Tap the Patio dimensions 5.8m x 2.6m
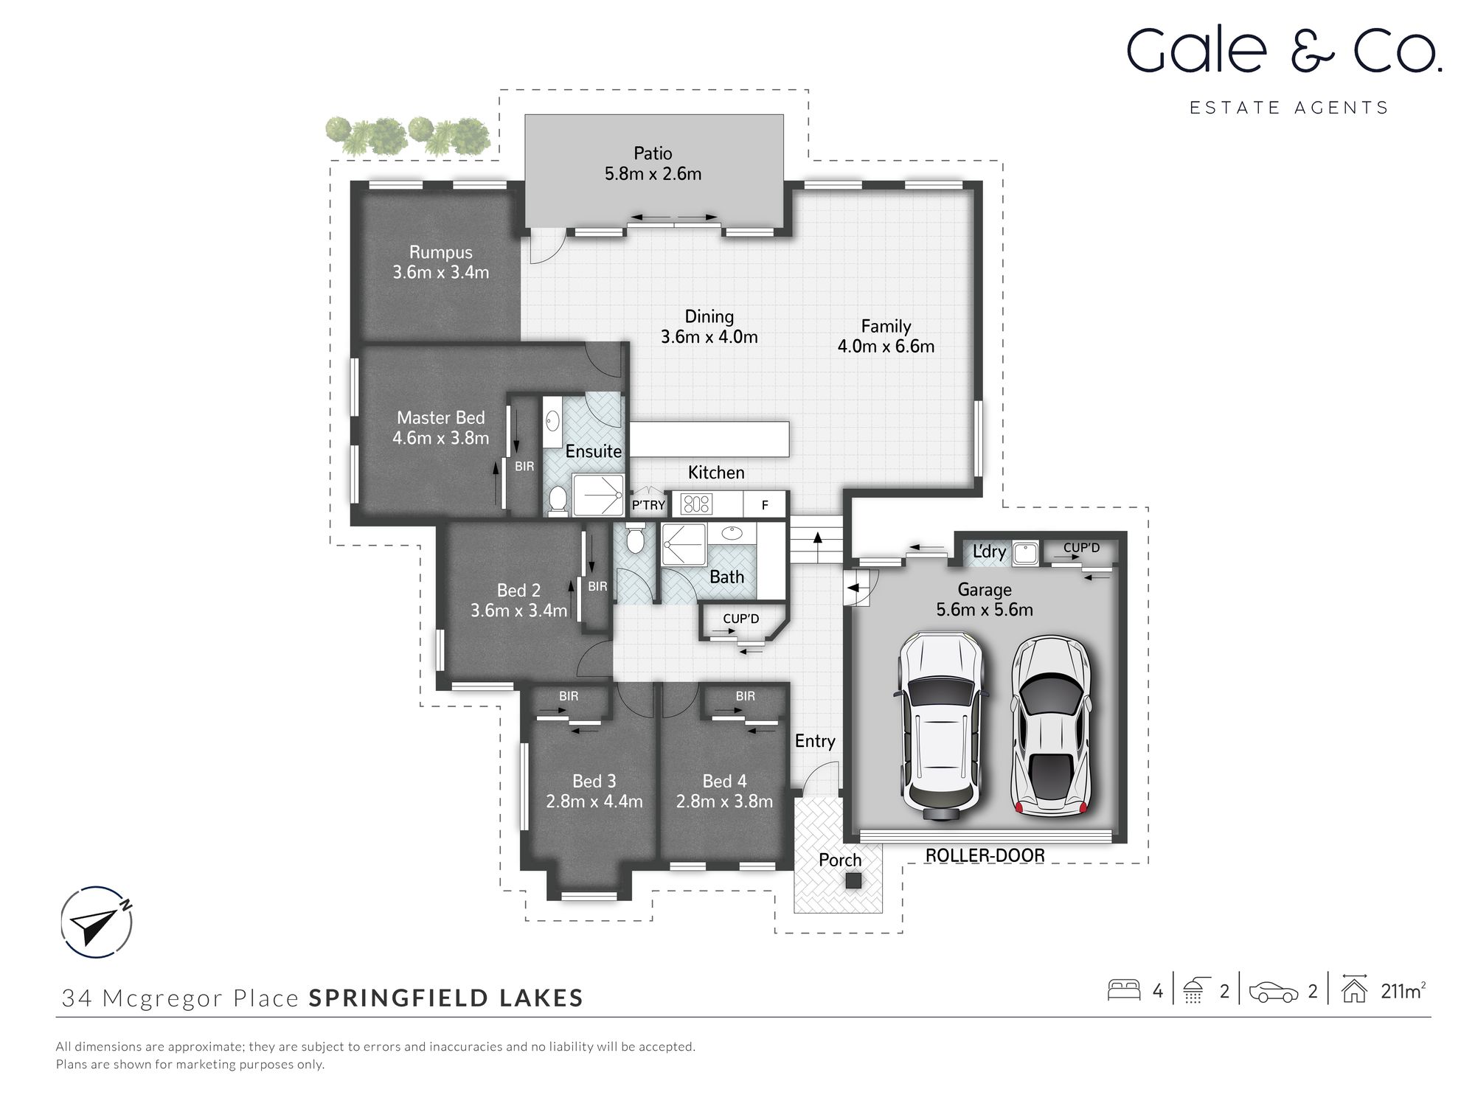click(x=653, y=174)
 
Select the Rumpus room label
click(x=440, y=252)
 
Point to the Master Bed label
click(x=440, y=417)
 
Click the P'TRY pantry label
click(x=648, y=505)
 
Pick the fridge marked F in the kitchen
click(x=765, y=505)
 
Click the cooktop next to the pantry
click(x=696, y=504)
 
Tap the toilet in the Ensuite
click(x=558, y=500)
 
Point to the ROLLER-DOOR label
click(x=985, y=855)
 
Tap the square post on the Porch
click(x=853, y=880)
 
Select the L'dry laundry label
click(x=988, y=552)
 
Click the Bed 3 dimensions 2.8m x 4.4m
click(x=594, y=801)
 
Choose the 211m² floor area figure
click(x=1402, y=992)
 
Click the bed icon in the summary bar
click(x=1124, y=990)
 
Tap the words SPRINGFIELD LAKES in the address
click(x=445, y=998)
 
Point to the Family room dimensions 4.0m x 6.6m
click(x=885, y=347)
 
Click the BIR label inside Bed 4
click(x=745, y=696)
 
